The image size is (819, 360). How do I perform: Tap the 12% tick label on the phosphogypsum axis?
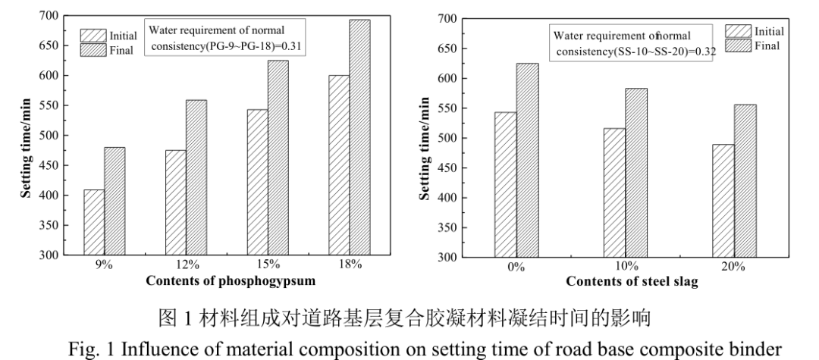(x=188, y=265)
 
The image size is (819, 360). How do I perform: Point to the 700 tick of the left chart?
(x=48, y=16)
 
